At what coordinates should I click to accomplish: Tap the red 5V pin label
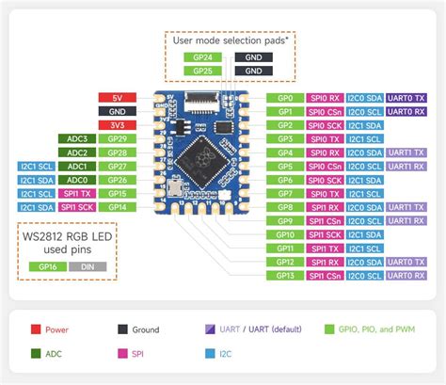[x=117, y=97]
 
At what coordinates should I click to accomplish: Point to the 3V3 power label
[x=117, y=124]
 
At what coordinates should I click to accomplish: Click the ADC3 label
[x=77, y=138]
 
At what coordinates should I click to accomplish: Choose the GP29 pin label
[x=117, y=138]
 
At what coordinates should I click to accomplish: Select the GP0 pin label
[x=285, y=97]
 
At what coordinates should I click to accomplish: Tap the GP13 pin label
[x=285, y=275]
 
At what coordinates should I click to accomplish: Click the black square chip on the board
[x=204, y=152]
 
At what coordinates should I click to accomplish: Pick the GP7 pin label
[x=285, y=193]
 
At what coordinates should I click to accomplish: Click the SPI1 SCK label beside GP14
[x=77, y=206]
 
